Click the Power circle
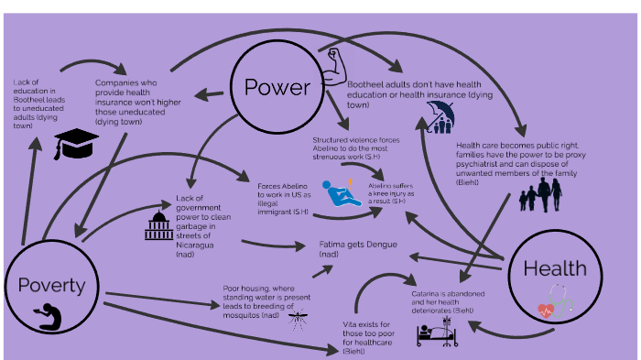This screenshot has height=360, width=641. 277,87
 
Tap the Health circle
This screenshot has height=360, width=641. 553,269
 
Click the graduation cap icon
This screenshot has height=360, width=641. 76,142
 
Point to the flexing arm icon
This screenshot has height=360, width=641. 335,64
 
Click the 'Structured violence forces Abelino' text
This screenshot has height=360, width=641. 353,149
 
